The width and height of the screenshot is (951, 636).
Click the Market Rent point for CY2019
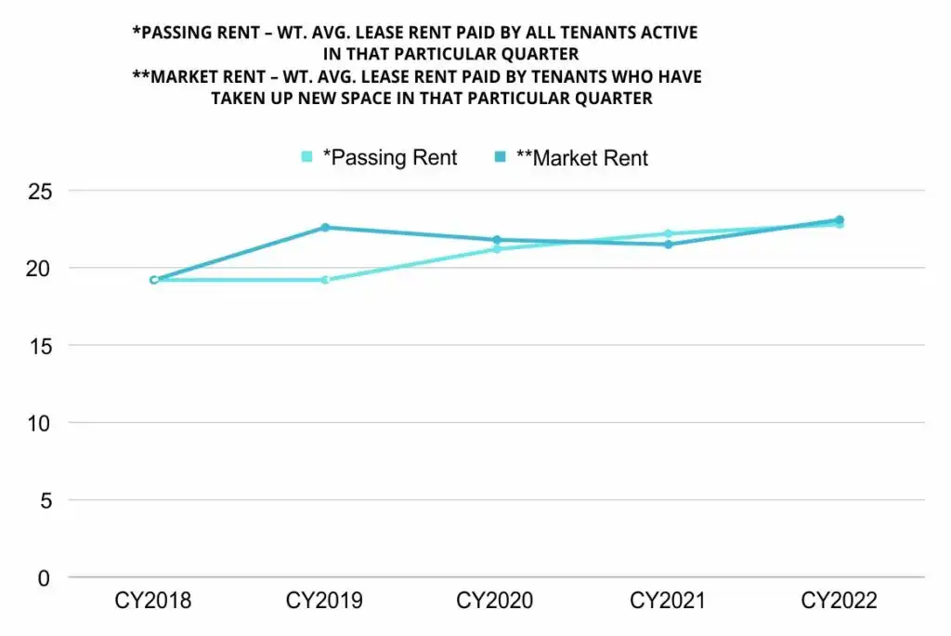(x=325, y=227)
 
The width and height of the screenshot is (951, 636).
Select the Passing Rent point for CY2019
(x=325, y=280)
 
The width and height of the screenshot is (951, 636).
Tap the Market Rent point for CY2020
(x=496, y=240)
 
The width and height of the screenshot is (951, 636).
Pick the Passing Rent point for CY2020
(x=496, y=249)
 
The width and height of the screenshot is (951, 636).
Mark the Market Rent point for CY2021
(x=668, y=245)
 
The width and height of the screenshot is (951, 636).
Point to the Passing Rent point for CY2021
(x=668, y=233)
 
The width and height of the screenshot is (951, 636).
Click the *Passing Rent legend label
(x=389, y=158)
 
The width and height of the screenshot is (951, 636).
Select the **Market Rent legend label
(x=581, y=158)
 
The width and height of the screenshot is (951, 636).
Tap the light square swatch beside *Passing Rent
(x=307, y=158)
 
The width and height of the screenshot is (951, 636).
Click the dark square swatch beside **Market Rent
(x=500, y=158)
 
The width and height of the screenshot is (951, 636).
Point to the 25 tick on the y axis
(x=40, y=192)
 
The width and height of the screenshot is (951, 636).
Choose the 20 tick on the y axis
(x=40, y=269)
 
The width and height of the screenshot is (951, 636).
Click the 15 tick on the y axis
(x=40, y=346)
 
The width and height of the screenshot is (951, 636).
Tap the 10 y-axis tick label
(x=40, y=423)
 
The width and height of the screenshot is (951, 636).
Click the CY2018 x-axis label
(x=153, y=602)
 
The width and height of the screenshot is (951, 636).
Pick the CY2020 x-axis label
(x=496, y=602)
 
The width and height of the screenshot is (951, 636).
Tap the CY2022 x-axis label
(x=839, y=602)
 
